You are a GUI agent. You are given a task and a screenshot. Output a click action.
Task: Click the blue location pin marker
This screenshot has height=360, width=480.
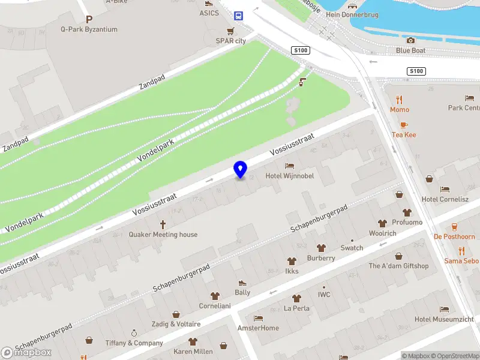click(x=240, y=169)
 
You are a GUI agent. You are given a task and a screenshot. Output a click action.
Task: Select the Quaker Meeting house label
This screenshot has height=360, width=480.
click(x=163, y=235)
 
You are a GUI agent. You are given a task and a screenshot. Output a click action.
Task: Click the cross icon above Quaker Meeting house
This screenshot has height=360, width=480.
click(x=163, y=224)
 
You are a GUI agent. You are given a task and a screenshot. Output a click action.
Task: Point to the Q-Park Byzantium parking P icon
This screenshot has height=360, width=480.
click(x=89, y=19)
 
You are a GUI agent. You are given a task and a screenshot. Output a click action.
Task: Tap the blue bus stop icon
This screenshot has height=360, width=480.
click(x=238, y=16)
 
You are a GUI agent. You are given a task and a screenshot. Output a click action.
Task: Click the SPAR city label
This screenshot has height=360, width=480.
click(x=231, y=41)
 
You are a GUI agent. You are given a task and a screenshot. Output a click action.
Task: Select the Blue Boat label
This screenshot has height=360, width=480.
click(x=410, y=50)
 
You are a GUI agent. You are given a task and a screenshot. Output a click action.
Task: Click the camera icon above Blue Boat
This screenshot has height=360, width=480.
click(x=410, y=40)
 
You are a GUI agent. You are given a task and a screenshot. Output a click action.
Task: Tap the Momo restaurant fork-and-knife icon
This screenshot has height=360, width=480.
click(x=399, y=100)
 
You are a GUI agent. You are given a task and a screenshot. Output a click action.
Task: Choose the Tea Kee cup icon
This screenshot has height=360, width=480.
click(x=404, y=125)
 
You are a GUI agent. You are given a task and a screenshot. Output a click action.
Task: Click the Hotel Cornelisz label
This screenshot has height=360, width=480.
click(x=445, y=199)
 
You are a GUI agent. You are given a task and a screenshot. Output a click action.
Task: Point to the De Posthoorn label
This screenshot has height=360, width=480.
click(x=454, y=237)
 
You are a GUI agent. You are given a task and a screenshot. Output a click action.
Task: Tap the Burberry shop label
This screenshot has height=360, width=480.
click(x=321, y=258)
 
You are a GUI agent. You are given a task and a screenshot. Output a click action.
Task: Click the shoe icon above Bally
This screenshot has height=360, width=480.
click(x=242, y=283)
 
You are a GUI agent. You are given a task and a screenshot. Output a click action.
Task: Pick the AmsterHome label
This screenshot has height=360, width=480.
click(x=258, y=328)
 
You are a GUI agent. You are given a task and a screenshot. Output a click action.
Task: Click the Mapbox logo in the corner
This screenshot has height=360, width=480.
click(x=26, y=353)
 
